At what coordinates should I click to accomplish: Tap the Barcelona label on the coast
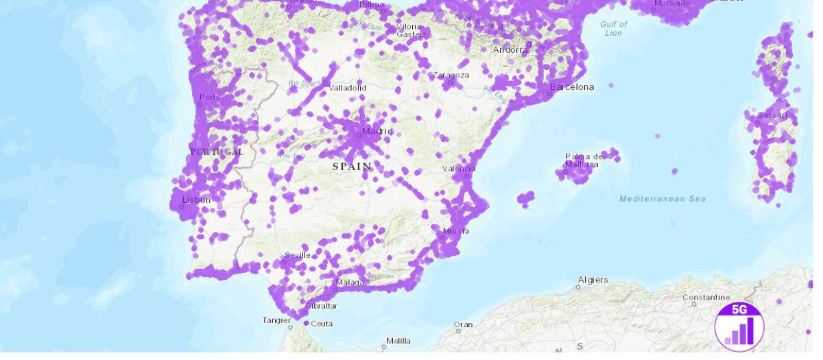point(572,87)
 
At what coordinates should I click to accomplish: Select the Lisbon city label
point(197,200)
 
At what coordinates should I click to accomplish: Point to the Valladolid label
point(348,88)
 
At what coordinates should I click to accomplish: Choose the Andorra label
point(510,49)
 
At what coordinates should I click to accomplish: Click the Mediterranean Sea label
point(662,199)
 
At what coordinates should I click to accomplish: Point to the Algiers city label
point(593,280)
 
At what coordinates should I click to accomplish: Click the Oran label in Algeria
point(463,324)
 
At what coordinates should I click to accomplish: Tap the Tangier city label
point(277,320)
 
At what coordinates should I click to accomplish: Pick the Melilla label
point(398,341)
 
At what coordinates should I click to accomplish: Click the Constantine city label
point(706,298)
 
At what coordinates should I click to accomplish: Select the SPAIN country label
point(352,167)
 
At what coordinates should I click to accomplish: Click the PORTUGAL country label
point(217,152)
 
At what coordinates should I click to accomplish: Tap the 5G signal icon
point(739,326)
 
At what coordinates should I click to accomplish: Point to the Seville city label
point(298,255)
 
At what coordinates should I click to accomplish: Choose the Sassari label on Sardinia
point(773,115)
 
